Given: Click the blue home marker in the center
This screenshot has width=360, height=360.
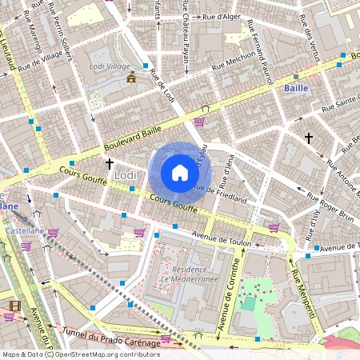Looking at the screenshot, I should [x=180, y=173].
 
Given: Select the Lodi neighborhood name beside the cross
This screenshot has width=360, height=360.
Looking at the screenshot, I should [x=126, y=174].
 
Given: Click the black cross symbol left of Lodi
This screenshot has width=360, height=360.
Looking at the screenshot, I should [x=109, y=164].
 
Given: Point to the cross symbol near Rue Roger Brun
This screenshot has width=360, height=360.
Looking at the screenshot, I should [x=308, y=138].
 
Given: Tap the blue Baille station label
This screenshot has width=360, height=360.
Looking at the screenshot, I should [x=297, y=88].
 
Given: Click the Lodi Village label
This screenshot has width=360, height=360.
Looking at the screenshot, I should [x=109, y=66].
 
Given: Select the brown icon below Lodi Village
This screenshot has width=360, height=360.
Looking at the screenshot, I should [x=131, y=77].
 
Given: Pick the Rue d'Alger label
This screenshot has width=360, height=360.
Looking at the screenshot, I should [x=221, y=16].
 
